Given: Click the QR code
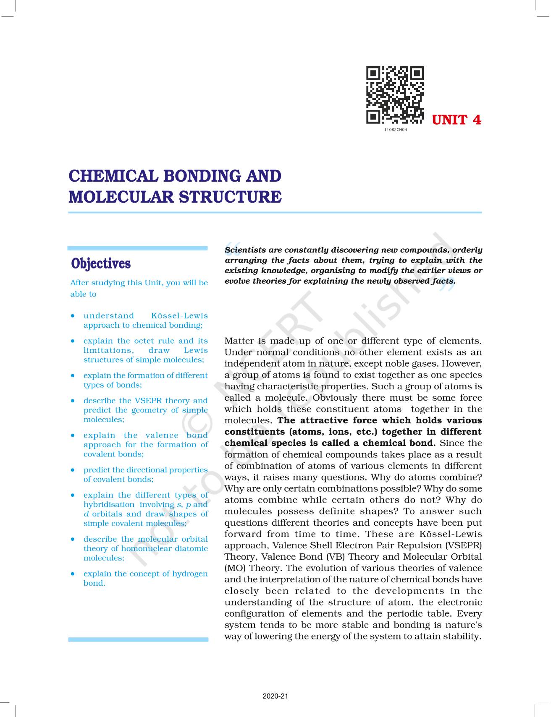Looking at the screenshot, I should tap(395, 95).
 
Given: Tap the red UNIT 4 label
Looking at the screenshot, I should tap(457, 120).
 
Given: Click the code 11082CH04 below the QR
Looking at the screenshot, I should tap(395, 130).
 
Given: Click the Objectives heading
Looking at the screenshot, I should tap(101, 263).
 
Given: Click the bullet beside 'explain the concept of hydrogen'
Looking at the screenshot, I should tap(73, 574).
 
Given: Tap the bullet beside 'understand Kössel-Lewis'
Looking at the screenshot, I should tap(73, 316).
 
